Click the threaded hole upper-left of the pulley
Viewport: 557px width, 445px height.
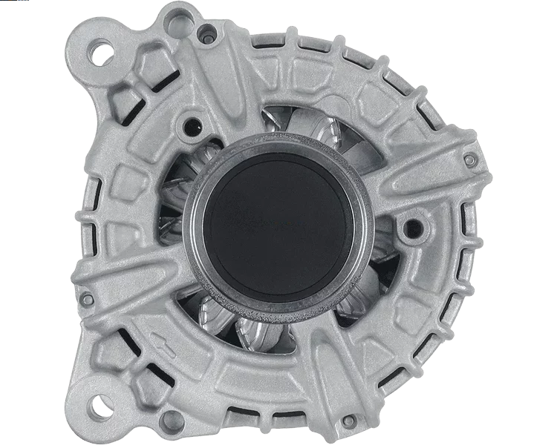(x=195, y=124)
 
